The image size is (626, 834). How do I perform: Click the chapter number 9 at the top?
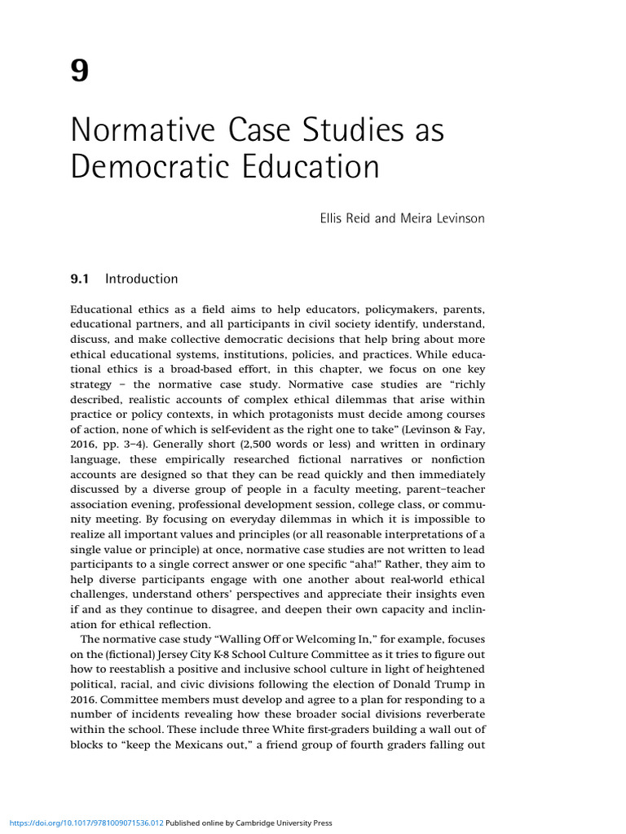pos(79,72)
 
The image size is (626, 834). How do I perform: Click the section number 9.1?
pos(84,279)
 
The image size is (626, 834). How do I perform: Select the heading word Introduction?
pos(142,279)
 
